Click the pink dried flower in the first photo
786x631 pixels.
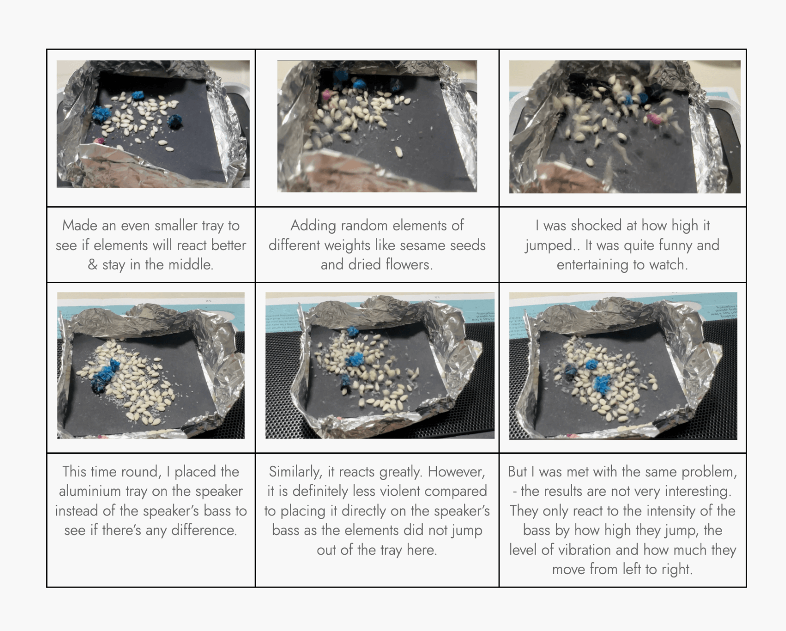99,141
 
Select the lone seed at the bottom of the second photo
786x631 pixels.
399,152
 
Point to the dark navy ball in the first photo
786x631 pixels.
175,121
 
